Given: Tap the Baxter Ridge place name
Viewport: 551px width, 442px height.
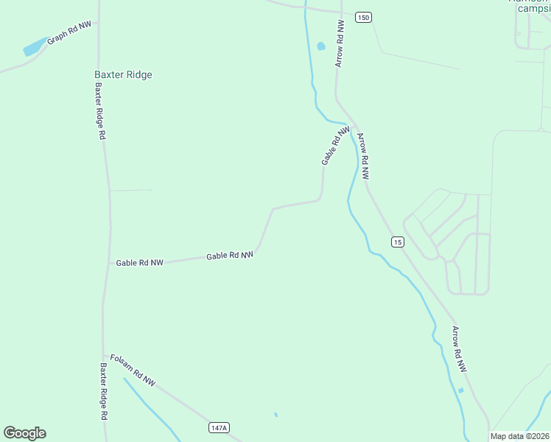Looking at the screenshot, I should (123, 74).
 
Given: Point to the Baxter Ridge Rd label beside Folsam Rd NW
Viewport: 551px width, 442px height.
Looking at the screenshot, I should (104, 390).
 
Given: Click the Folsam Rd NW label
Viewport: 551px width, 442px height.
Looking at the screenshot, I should (133, 370).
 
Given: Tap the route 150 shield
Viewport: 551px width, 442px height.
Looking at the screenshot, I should (362, 17).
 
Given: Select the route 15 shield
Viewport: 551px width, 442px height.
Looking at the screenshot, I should (397, 242).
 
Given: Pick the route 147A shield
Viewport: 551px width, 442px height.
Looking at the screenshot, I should (219, 428).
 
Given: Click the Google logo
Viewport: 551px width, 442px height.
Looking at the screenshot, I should (24, 433).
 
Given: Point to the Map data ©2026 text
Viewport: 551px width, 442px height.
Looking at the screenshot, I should (520, 436).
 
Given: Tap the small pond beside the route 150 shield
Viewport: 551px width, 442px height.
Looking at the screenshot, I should (320, 46).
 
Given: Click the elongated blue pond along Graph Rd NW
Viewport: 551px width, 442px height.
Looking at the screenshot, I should (34, 48).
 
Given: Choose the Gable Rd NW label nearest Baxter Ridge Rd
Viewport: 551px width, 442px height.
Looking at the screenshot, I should (139, 262).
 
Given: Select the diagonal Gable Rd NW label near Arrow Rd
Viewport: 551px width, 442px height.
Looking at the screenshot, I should (335, 145).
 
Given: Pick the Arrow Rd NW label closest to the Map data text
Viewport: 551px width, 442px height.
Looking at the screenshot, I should (459, 348).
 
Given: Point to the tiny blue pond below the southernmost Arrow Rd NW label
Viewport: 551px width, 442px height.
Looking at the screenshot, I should (461, 390).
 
